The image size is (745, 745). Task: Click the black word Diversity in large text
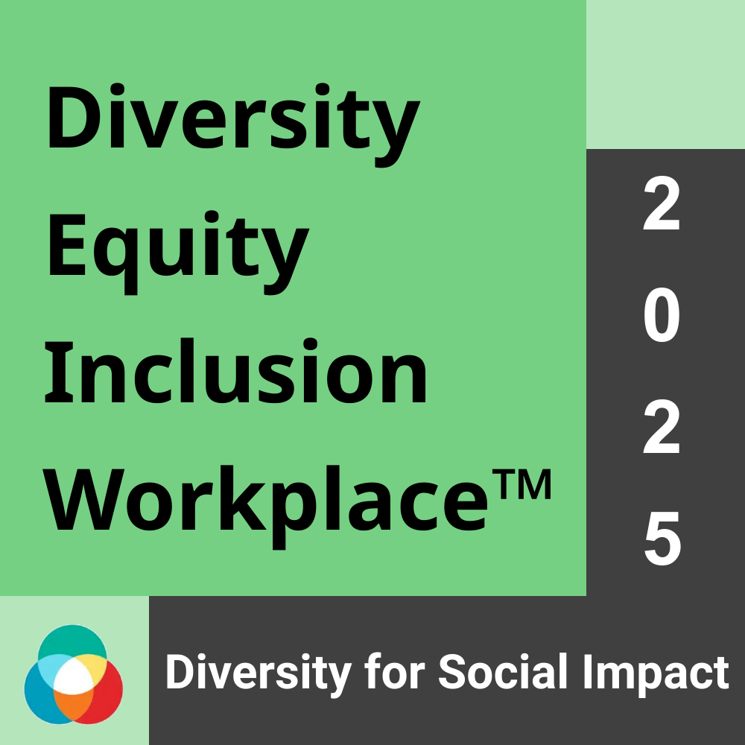pos(232,124)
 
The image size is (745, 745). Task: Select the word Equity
pos(178,252)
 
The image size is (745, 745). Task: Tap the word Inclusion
pos(236,370)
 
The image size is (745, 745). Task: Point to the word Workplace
pos(265,507)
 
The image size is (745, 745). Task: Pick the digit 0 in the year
pos(662,317)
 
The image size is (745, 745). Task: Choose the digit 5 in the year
pos(662,539)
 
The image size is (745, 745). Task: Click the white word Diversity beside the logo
pos(258,672)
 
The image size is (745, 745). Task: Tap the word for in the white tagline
pos(394,671)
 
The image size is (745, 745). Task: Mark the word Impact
pos(656,675)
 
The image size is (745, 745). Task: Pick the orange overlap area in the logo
pos(72,704)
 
